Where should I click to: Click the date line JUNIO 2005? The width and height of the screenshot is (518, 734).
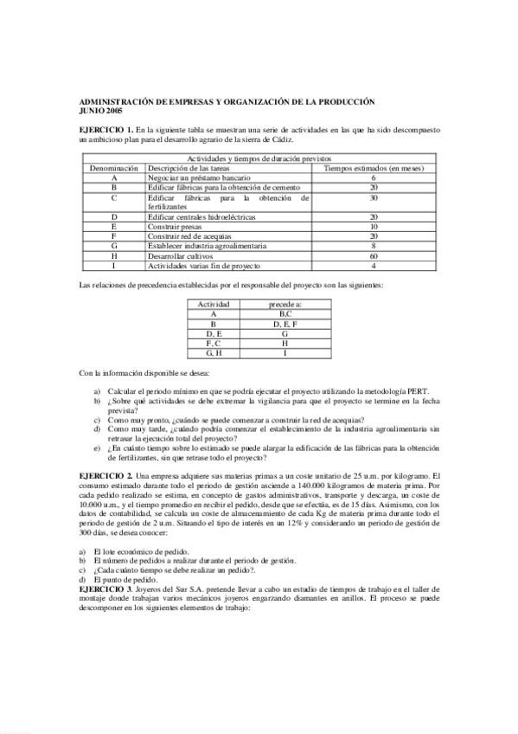click(95, 110)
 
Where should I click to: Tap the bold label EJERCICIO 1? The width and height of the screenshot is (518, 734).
click(105, 129)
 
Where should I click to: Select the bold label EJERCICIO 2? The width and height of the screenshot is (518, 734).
click(105, 476)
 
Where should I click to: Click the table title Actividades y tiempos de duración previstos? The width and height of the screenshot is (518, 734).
click(259, 160)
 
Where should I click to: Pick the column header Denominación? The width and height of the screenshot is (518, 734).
click(113, 168)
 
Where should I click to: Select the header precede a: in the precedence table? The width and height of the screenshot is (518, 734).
click(285, 305)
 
